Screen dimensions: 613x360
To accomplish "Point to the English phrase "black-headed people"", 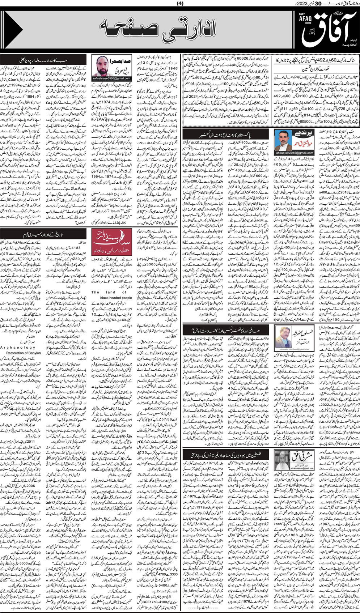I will pos(111,298).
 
